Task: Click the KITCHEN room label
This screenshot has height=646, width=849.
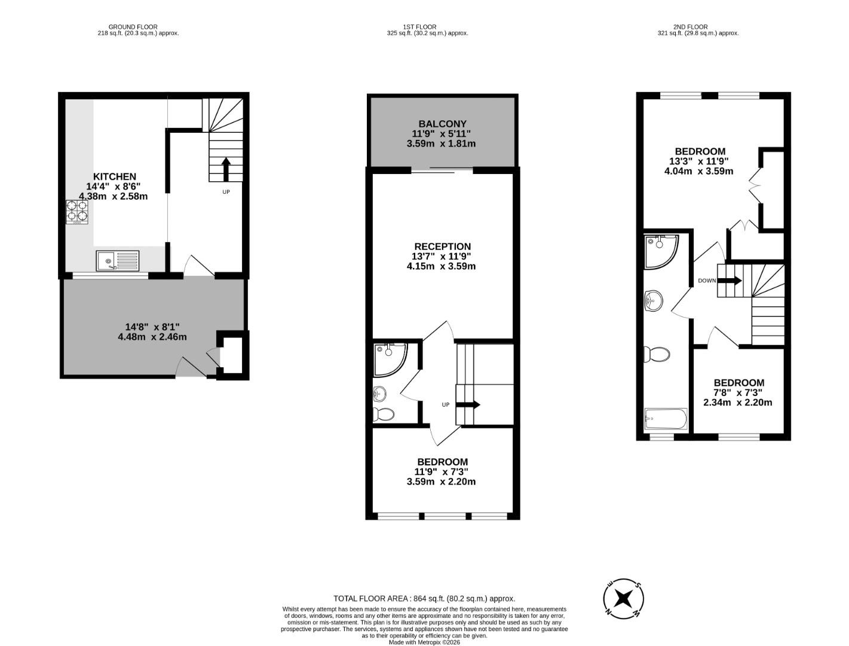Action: click(114, 176)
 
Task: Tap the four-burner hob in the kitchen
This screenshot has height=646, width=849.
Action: click(76, 211)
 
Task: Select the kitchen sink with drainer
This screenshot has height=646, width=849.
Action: click(118, 261)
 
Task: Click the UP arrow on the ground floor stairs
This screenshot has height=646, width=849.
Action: click(226, 169)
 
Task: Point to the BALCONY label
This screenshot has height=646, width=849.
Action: click(442, 124)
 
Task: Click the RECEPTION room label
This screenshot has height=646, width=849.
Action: click(442, 246)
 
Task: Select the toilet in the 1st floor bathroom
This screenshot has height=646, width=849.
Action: click(384, 414)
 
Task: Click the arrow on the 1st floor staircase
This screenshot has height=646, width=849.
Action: click(468, 405)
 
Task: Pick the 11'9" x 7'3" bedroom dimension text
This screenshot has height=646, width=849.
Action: click(442, 472)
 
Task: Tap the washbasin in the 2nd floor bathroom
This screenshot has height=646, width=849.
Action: click(654, 301)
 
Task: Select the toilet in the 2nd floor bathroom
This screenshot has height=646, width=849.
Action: click(656, 354)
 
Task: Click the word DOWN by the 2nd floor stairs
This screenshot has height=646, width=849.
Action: click(707, 280)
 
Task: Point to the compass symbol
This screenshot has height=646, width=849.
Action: click(623, 598)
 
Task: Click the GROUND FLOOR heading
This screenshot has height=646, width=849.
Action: click(133, 27)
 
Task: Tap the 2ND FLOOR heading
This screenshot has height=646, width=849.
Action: click(690, 27)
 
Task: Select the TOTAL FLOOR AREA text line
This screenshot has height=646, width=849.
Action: click(424, 598)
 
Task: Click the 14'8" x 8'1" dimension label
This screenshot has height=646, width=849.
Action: click(152, 327)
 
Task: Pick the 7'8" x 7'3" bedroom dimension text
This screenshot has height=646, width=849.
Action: click(738, 392)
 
